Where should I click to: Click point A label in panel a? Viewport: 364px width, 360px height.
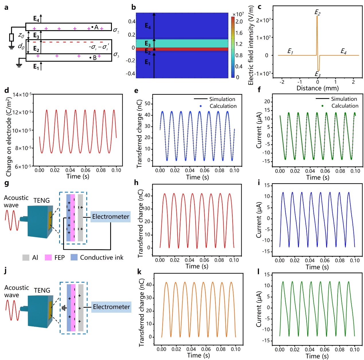(96, 27)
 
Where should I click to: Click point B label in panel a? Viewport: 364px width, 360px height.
(94, 58)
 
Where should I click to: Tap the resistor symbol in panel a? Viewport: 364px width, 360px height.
(11, 37)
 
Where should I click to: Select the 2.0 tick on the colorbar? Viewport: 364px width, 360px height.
(239, 22)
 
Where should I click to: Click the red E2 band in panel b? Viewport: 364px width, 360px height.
(182, 49)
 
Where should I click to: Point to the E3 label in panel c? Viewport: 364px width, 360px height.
(318, 74)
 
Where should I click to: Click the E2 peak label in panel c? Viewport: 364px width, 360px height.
(317, 12)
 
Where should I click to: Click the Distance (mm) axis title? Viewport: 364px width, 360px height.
(318, 88)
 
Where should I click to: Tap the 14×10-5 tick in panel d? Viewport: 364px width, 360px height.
(22, 94)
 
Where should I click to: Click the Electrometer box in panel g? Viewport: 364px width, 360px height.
(111, 217)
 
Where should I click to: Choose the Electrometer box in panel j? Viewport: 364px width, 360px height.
(111, 307)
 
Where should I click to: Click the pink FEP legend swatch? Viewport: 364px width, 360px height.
(48, 258)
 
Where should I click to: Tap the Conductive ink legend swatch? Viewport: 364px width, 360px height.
(74, 257)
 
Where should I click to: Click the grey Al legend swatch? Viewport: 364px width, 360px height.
(26, 258)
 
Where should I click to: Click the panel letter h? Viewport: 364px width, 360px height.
(136, 183)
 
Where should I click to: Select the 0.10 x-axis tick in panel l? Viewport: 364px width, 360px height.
(355, 349)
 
